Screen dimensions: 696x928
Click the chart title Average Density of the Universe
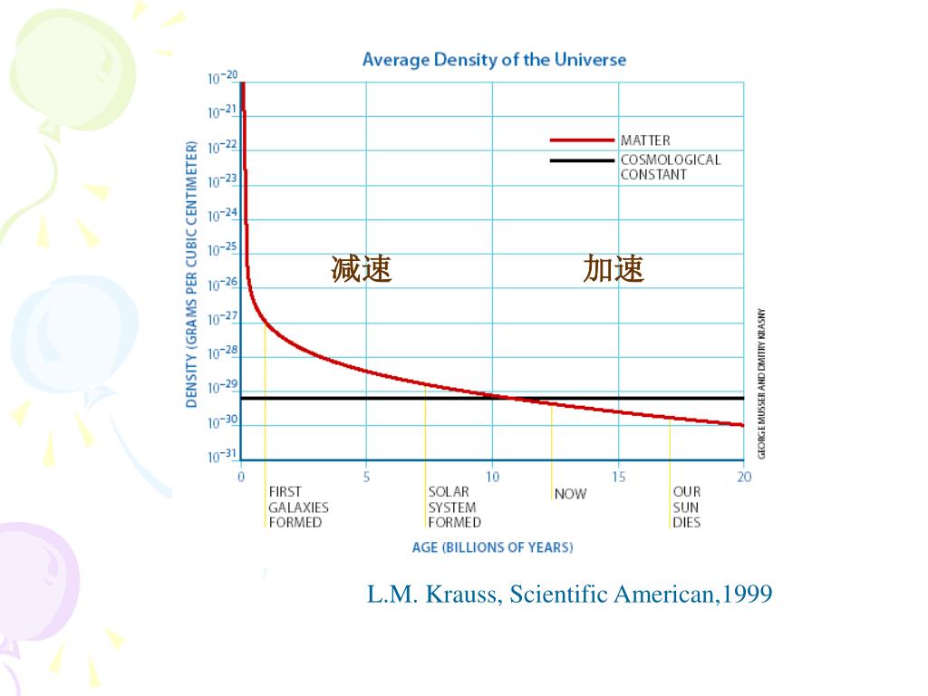(x=494, y=60)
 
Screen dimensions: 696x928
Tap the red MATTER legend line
(x=582, y=140)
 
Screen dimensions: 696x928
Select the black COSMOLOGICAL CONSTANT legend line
(x=582, y=160)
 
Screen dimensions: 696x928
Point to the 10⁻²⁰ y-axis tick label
(x=221, y=78)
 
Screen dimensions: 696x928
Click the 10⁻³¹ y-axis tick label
(x=221, y=455)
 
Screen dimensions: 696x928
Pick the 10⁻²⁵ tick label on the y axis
(x=221, y=249)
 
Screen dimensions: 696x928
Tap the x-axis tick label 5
(x=366, y=477)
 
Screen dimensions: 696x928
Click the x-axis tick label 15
(x=618, y=477)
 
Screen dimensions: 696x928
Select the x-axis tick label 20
(x=743, y=477)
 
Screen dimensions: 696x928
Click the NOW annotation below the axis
(x=570, y=494)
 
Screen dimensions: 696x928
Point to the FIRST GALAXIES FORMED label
(x=298, y=507)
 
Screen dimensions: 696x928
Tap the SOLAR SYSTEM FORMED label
(x=454, y=507)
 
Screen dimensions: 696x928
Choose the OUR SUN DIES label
(x=686, y=507)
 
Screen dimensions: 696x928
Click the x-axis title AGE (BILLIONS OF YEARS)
(x=492, y=547)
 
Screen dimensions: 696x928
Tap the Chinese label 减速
(x=361, y=269)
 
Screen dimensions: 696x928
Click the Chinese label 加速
(x=614, y=269)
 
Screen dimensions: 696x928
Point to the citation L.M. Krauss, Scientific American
(x=569, y=594)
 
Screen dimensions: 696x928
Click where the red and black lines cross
(x=507, y=398)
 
